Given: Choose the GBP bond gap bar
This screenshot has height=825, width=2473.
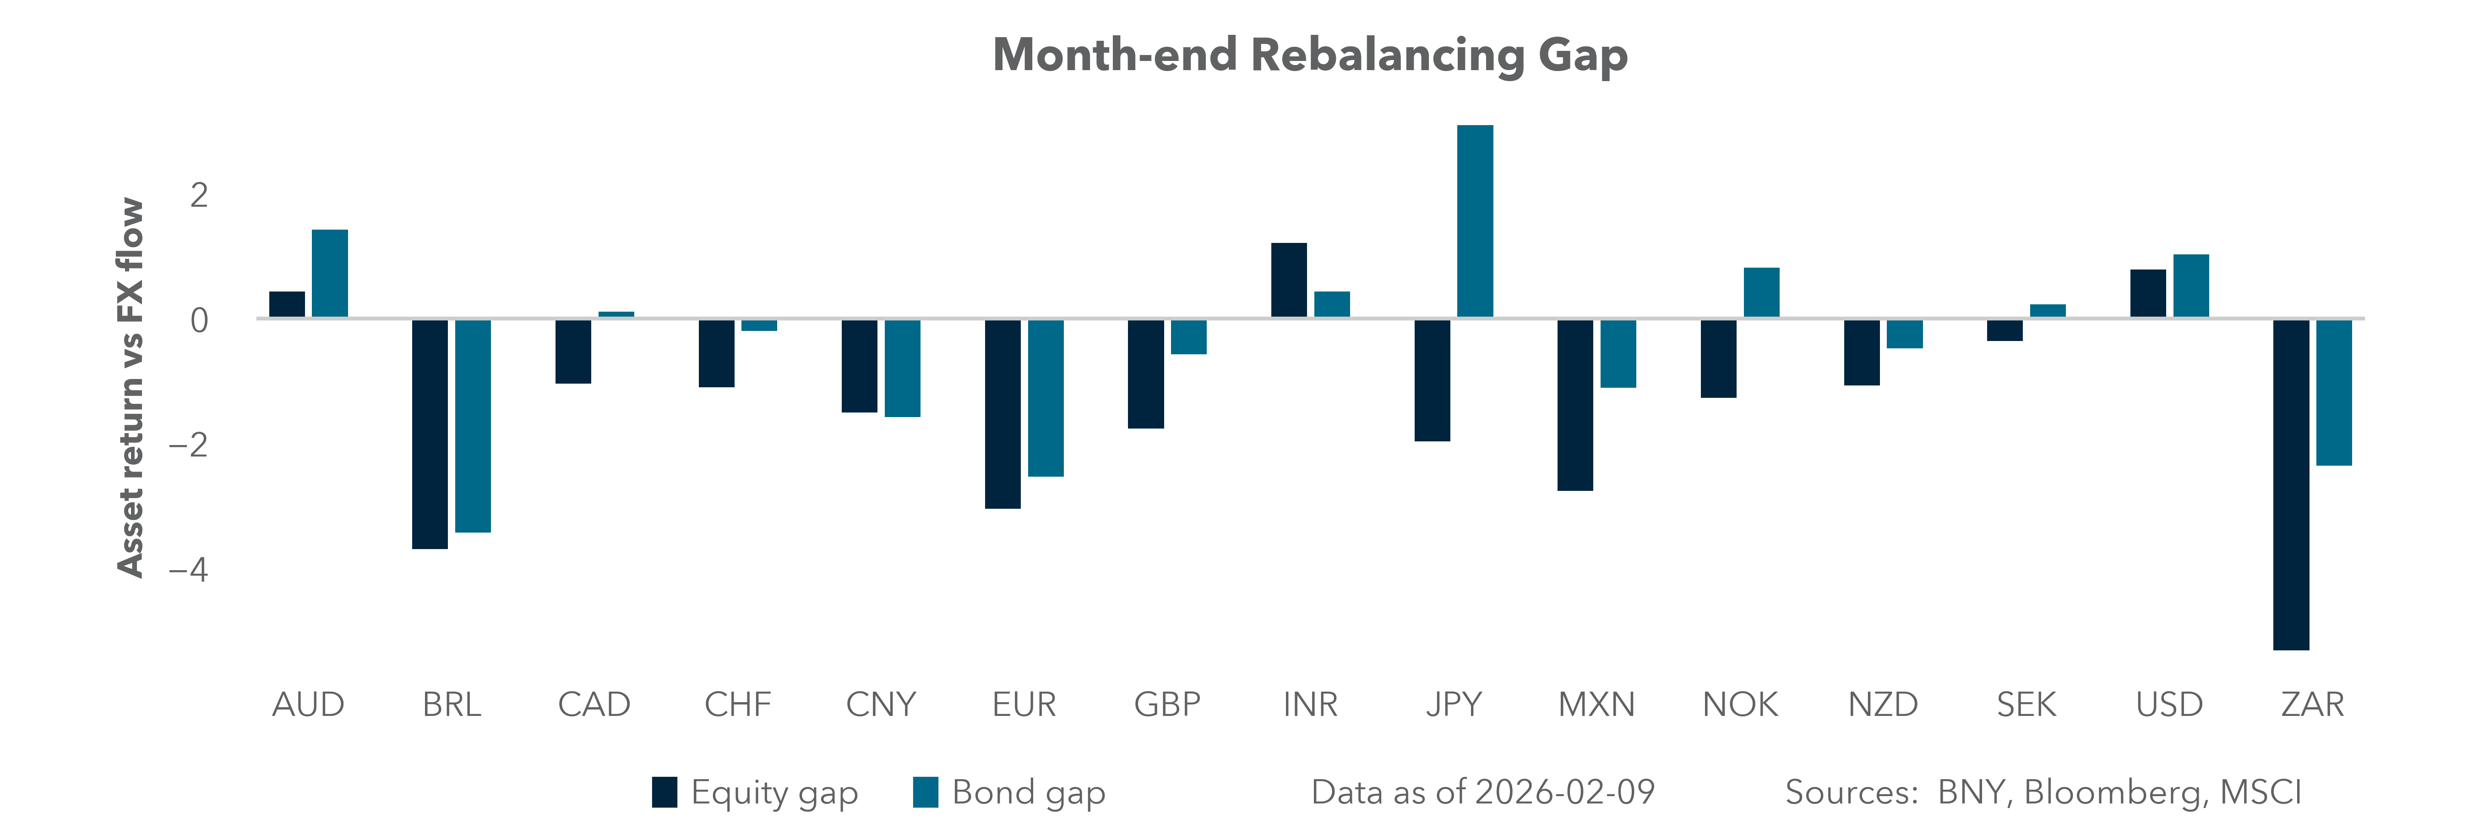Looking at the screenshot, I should tap(1188, 337).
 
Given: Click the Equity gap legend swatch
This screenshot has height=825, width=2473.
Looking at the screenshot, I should tap(665, 792).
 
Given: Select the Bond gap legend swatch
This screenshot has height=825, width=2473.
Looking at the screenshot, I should tap(926, 792).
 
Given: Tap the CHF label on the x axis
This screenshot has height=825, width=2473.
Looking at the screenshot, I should tap(737, 705).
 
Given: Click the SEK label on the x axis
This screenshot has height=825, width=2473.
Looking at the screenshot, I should tap(2026, 705).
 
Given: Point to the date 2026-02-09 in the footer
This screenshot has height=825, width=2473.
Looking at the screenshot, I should tap(1565, 792).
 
